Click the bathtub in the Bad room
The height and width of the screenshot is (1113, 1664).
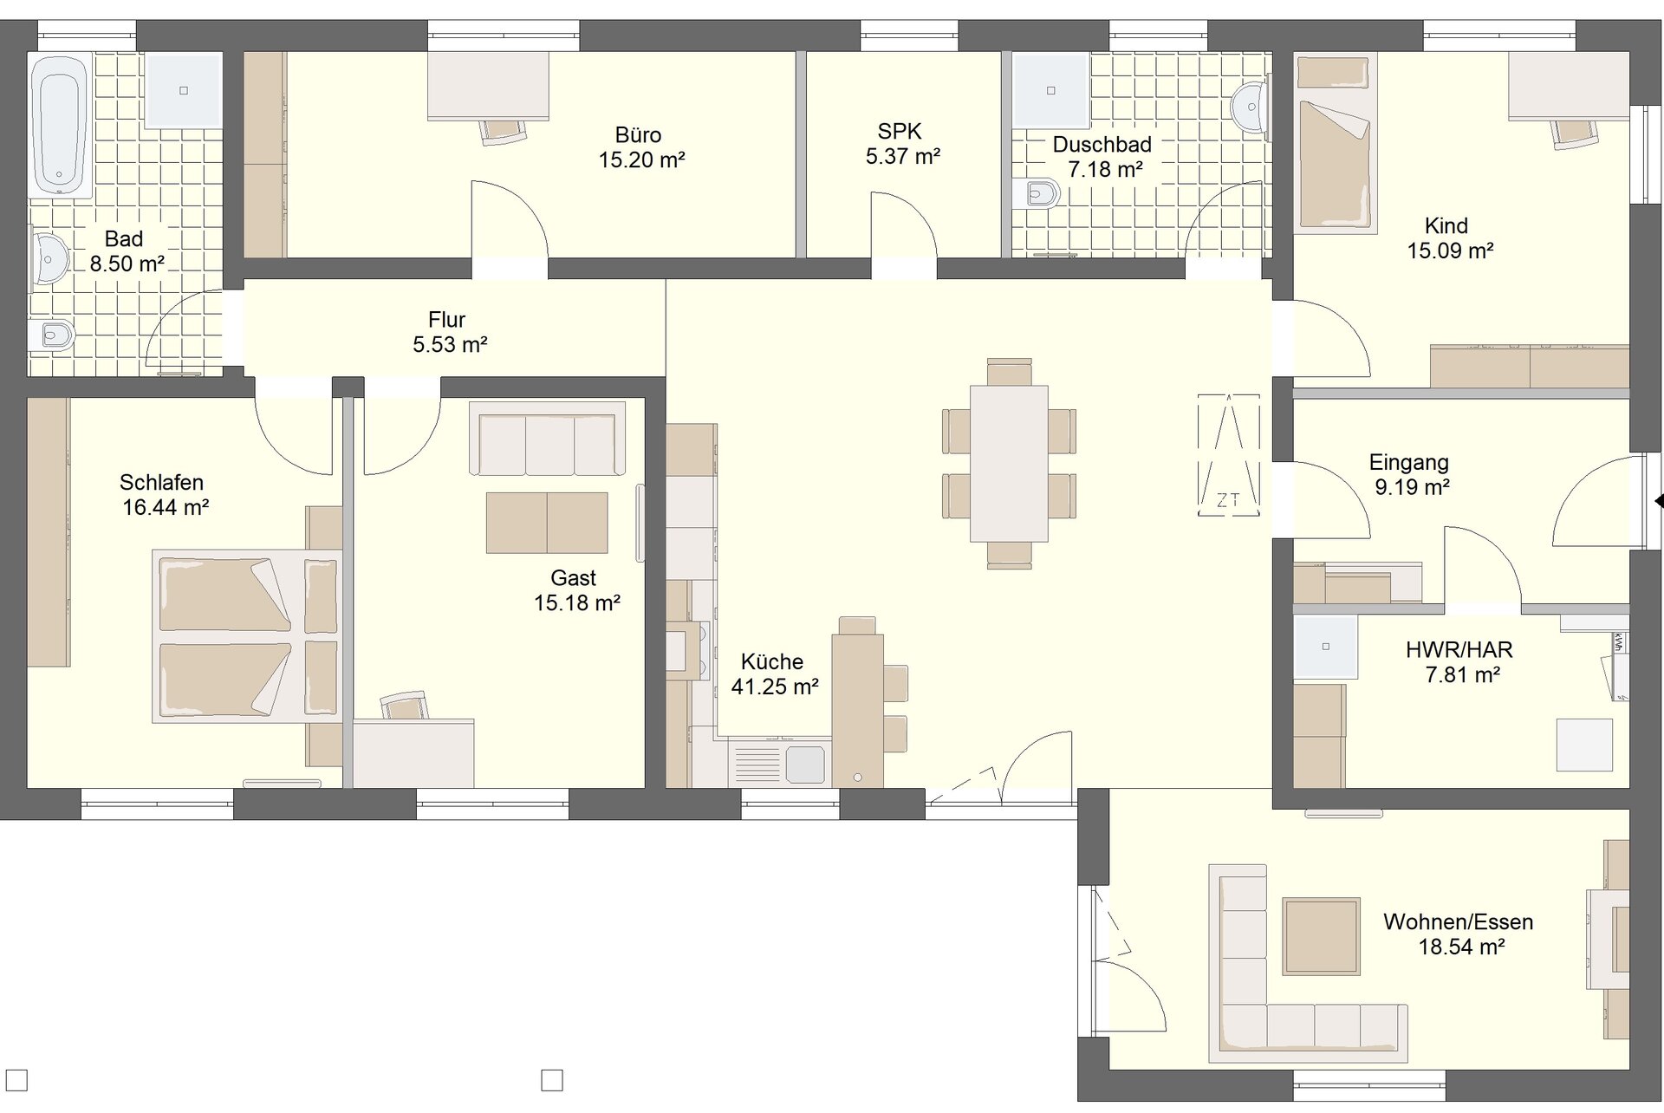pos(60,126)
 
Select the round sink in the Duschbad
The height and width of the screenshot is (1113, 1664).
pos(1250,108)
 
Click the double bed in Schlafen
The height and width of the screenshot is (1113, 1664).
pos(247,635)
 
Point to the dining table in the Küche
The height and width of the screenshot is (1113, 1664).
pos(1009,463)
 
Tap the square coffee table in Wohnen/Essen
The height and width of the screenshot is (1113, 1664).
pos(1321,936)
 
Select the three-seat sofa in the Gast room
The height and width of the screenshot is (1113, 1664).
pos(547,439)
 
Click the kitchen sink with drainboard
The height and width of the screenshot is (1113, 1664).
pos(780,763)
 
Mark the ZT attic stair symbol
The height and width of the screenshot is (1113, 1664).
pos(1229,455)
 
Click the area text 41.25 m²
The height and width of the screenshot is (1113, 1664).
pos(775,687)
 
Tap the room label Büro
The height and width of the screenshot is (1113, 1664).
pos(638,135)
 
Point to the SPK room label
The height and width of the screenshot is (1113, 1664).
pos(900,132)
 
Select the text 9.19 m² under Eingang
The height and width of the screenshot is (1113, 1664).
pos(1412,487)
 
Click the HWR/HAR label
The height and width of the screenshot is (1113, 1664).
pos(1459,649)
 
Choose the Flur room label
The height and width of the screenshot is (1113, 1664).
pos(447,320)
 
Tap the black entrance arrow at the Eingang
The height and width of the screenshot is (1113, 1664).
pos(1659,501)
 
